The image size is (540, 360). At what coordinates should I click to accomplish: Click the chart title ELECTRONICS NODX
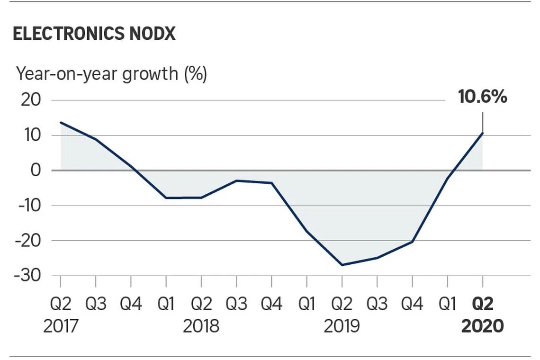(94, 35)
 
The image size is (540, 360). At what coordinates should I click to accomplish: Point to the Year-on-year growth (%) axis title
(111, 74)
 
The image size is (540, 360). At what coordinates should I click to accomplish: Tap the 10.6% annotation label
(482, 97)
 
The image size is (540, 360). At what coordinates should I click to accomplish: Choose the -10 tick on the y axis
(30, 206)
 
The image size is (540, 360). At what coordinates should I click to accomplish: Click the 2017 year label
(61, 326)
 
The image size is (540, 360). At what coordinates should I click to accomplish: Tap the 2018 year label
(201, 326)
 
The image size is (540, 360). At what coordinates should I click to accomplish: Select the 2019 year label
(342, 326)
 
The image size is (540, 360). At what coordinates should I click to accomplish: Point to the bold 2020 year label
(482, 326)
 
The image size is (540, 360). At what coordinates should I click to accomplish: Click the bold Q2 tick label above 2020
(482, 304)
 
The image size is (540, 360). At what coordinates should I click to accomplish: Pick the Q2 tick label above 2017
(61, 304)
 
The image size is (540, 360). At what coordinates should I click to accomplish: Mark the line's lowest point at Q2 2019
(342, 265)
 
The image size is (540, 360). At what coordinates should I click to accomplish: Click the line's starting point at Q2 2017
(61, 122)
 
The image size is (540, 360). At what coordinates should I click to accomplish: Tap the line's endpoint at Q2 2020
(482, 133)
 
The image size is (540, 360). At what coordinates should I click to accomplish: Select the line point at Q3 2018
(236, 180)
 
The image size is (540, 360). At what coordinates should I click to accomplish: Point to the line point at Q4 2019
(412, 242)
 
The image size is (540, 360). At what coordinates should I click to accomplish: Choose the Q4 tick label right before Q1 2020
(412, 304)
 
